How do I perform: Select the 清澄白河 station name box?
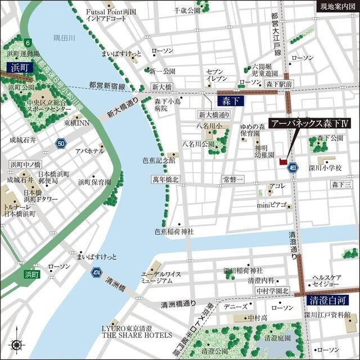326,301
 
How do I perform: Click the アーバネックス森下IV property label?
309,124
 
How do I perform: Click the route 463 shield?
294,167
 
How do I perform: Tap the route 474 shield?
96,272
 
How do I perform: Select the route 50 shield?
61,145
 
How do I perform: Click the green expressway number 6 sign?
26,42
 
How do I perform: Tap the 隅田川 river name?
64,38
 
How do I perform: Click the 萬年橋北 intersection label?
165,179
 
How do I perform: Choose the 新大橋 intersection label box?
161,87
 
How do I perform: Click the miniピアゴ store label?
272,204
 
